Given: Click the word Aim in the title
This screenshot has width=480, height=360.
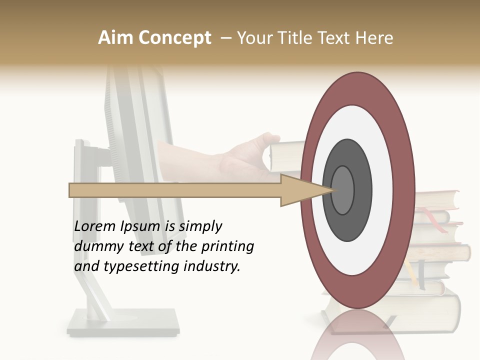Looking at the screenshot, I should tap(114, 38).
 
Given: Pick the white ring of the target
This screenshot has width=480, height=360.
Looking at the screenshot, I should tap(357, 125).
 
